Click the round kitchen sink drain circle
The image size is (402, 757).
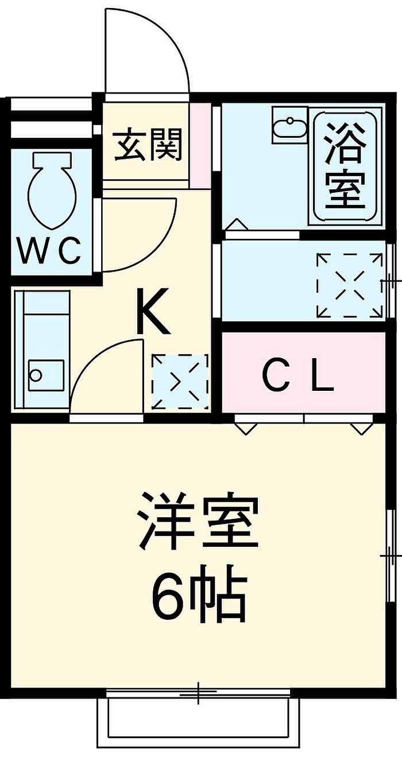[x=36, y=376]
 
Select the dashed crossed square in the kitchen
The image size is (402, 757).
[x=179, y=381]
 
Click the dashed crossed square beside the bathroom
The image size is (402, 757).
[x=350, y=285]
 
